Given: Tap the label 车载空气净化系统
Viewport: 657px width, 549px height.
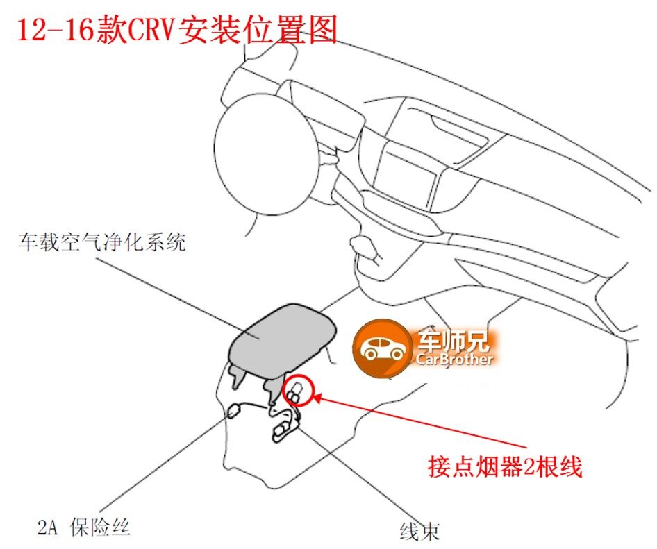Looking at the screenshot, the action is [x=103, y=243].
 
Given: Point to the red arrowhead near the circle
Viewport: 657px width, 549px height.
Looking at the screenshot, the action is [x=316, y=398].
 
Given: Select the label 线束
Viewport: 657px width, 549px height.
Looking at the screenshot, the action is [x=419, y=532].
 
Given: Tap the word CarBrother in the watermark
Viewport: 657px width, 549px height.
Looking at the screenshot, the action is [x=455, y=360].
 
